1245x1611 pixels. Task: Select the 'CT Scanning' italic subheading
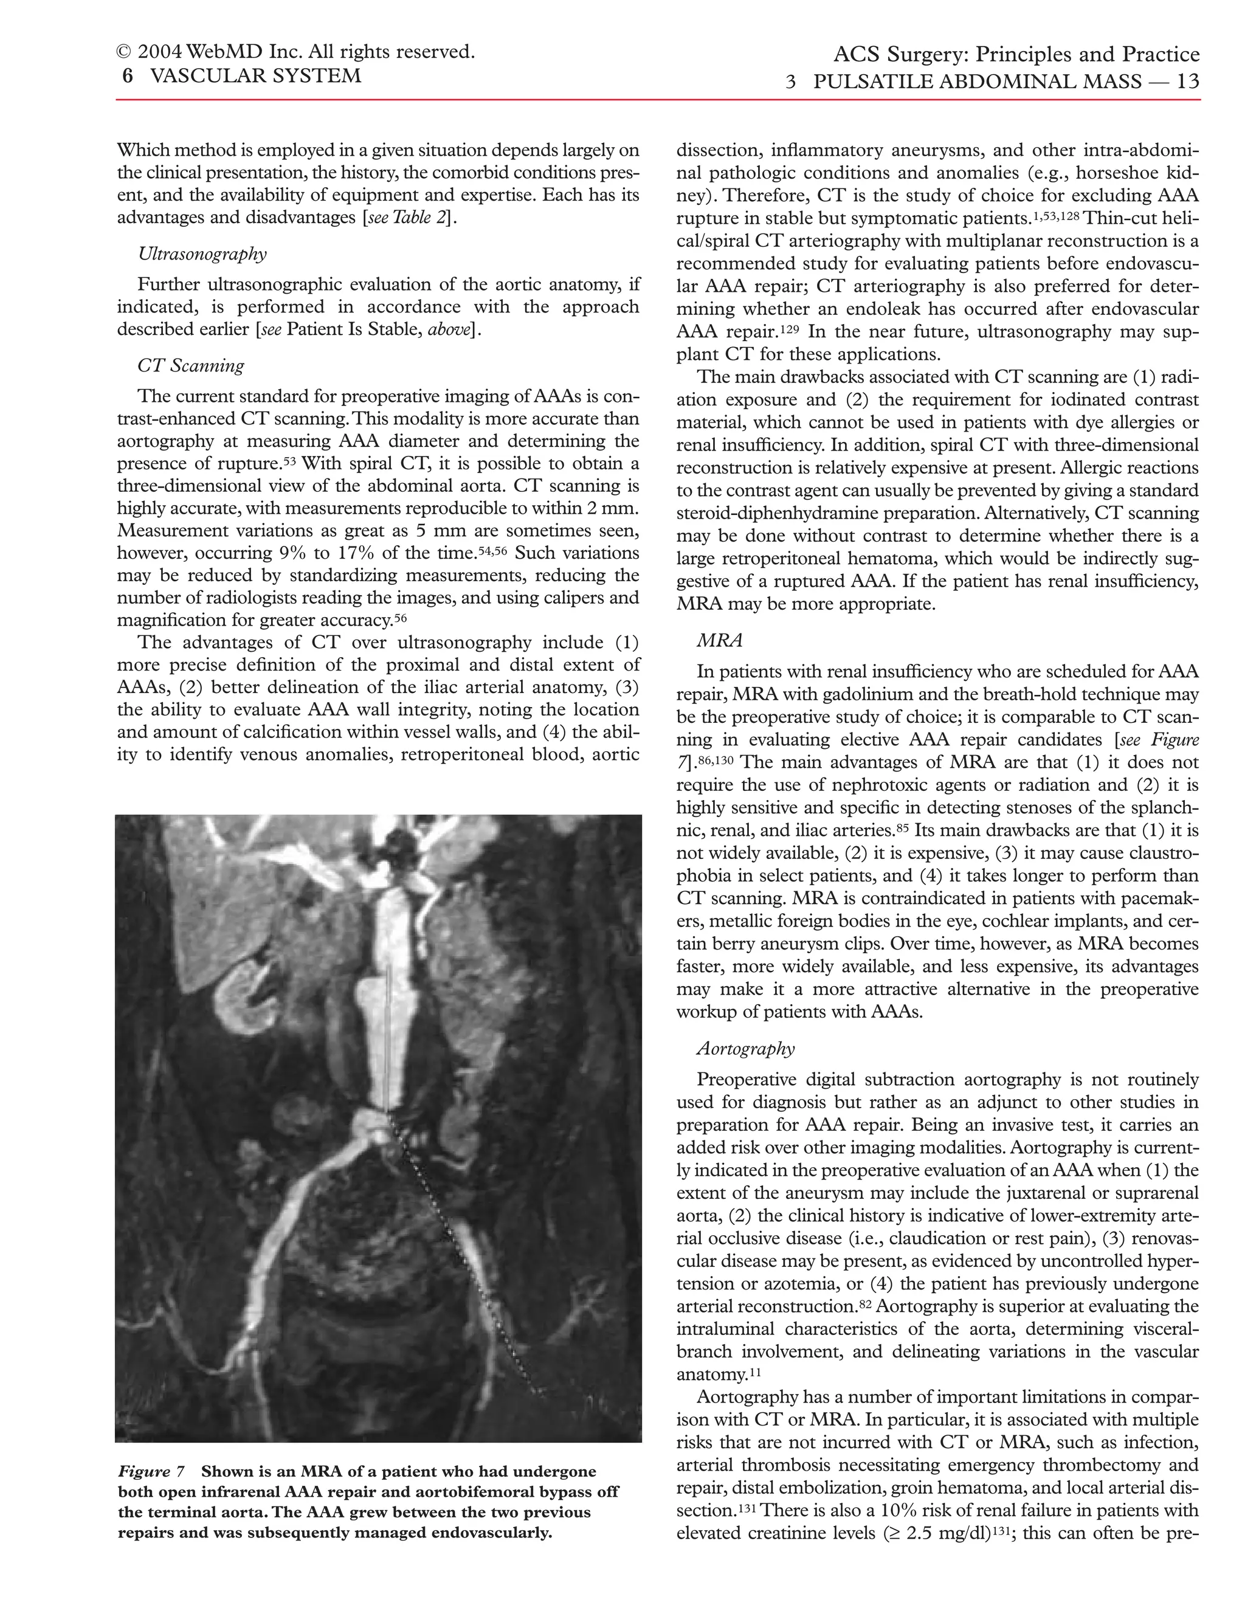point(190,365)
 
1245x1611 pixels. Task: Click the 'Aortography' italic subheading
point(746,1048)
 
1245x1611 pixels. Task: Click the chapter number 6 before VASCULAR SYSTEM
point(128,76)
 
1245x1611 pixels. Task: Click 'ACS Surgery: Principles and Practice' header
point(1016,55)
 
